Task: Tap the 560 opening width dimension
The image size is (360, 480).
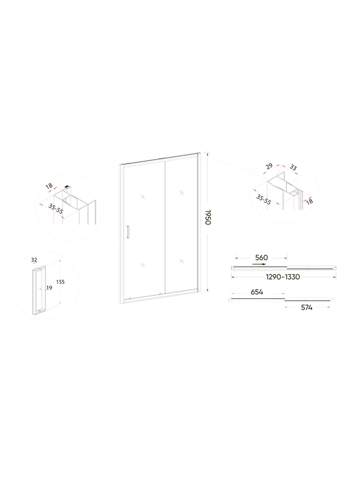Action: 261,258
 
